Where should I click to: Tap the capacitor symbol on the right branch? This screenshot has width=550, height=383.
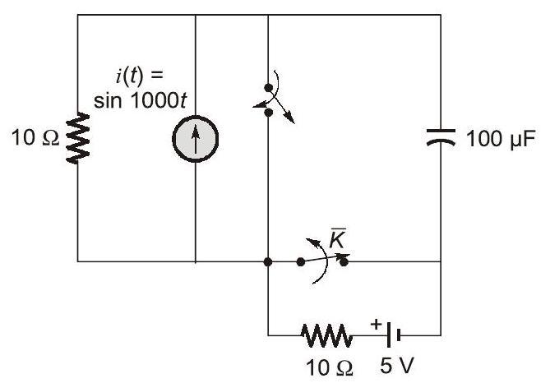pyautogui.click(x=441, y=139)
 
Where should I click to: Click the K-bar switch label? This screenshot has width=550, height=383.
pyautogui.click(x=336, y=239)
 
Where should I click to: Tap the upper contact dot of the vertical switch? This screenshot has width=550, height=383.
pyautogui.click(x=269, y=88)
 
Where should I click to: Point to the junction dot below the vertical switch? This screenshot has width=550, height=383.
pyautogui.click(x=269, y=262)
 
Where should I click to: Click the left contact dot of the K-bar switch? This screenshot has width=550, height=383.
pyautogui.click(x=300, y=262)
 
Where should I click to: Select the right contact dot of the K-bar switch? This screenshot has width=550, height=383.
pyautogui.click(x=344, y=262)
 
